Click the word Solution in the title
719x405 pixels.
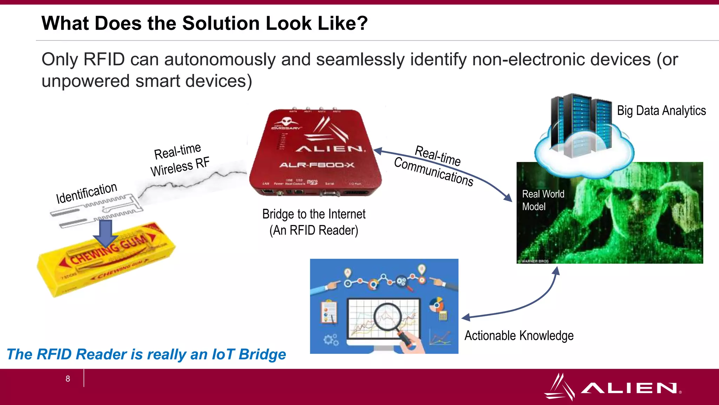[x=221, y=24]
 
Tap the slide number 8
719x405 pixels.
[x=68, y=379]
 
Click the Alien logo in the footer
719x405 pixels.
[x=613, y=387]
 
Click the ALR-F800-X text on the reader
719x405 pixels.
[x=317, y=165]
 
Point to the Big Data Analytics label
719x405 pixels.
[x=661, y=111]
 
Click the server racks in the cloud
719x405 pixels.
[x=581, y=125]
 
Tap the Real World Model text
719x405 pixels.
[x=542, y=200]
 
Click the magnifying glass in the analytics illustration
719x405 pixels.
[x=388, y=316]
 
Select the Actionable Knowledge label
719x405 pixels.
[x=519, y=335]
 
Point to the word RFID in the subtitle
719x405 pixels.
[x=104, y=59]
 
